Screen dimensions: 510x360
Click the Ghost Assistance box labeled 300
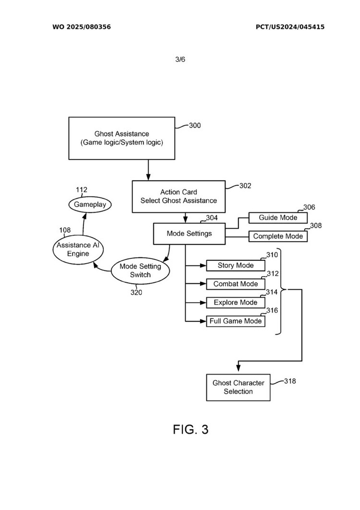pos(122,138)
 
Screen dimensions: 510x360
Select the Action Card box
pos(179,196)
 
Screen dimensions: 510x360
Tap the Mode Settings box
pos(189,234)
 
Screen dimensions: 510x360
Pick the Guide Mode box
pos(278,218)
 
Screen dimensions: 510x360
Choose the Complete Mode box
pos(278,236)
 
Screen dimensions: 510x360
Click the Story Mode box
pos(236,266)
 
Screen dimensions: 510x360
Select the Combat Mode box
pos(236,284)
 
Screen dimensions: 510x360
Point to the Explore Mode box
pos(236,303)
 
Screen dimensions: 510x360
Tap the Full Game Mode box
pos(236,321)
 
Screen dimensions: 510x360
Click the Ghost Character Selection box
pos(239,387)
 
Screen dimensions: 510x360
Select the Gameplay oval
pos(90,205)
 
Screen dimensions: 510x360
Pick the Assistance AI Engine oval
pos(78,249)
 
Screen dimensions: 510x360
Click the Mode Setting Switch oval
pos(140,271)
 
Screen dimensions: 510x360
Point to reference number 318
pos(289,381)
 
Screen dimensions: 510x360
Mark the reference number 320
pos(136,292)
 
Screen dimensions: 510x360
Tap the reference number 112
pos(82,190)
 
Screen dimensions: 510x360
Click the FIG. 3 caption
pos(191,429)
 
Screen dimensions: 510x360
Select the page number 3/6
pos(180,60)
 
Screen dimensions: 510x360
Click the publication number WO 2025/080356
pos(82,27)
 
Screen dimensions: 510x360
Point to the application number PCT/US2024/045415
pos(290,27)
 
